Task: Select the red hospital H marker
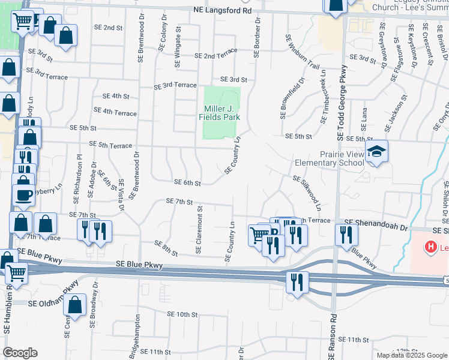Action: coord(430,247)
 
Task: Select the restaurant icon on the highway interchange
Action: coord(297,282)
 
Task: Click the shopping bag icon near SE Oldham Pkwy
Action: coord(75,306)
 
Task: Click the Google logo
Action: coord(20,353)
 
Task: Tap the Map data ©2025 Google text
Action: coord(412,355)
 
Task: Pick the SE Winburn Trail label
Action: coord(303,52)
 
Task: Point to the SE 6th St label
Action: coord(187,182)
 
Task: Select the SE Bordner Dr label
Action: coord(256,37)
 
